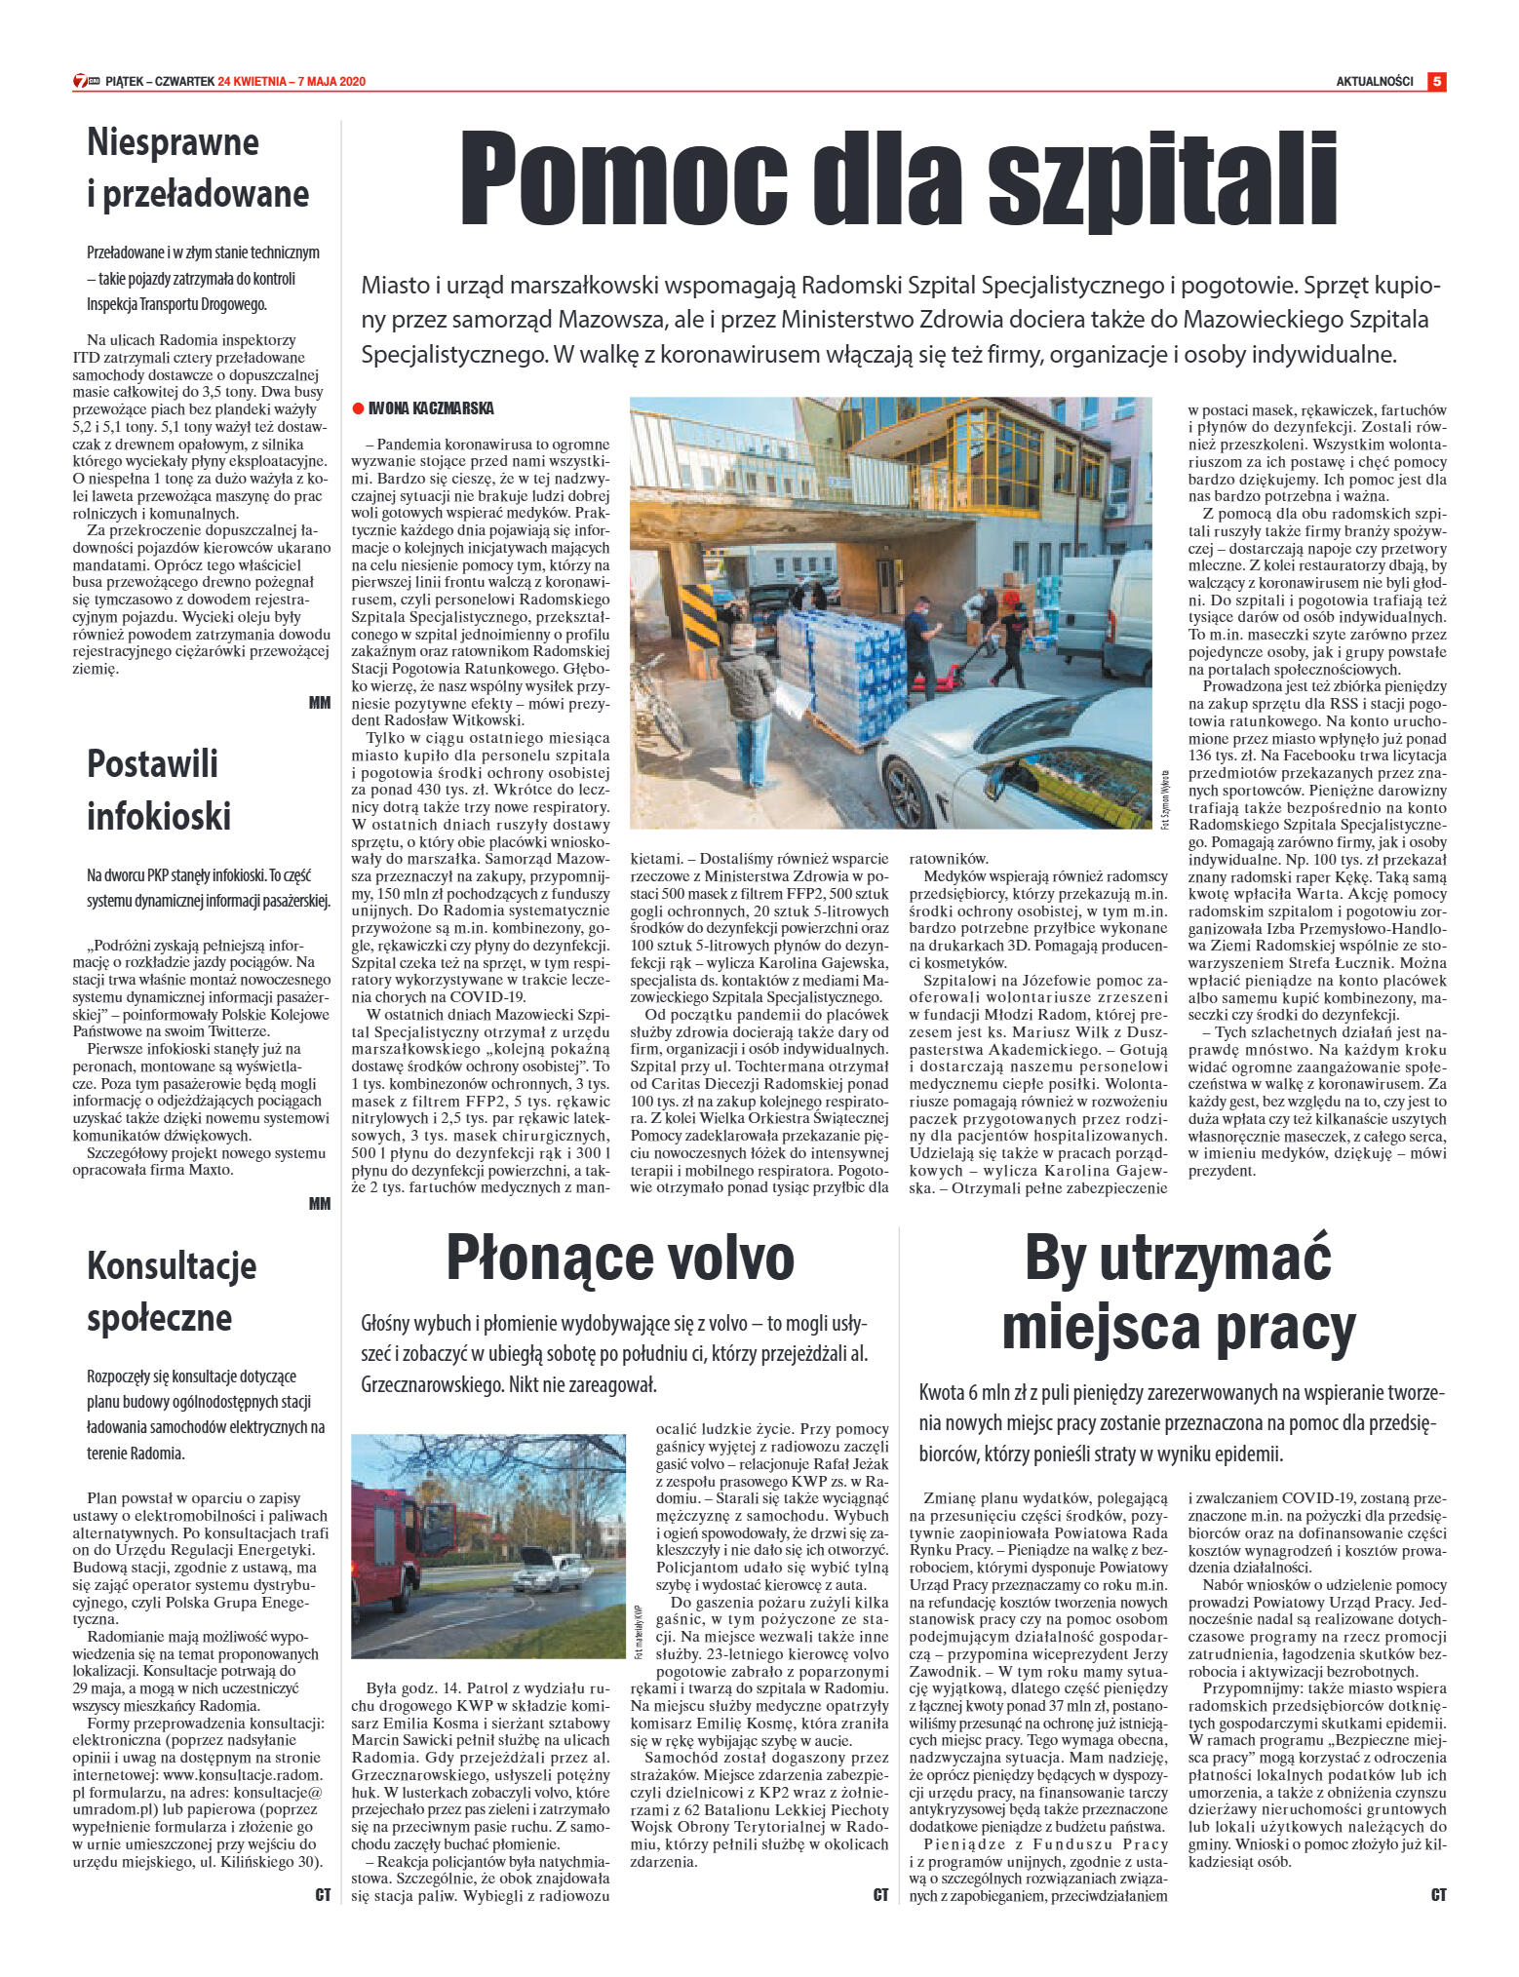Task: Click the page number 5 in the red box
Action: pyautogui.click(x=1435, y=82)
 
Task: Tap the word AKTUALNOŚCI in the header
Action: pyautogui.click(x=1374, y=82)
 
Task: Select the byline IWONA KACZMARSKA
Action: pyautogui.click(x=431, y=408)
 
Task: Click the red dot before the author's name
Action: pyautogui.click(x=358, y=408)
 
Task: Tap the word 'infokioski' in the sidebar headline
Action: pyautogui.click(x=159, y=816)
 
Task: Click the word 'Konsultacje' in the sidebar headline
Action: pyautogui.click(x=172, y=1265)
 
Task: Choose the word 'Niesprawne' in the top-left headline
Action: pyautogui.click(x=173, y=142)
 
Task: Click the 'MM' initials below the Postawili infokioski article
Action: pyautogui.click(x=319, y=1204)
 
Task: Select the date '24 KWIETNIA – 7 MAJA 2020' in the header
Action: pyautogui.click(x=292, y=82)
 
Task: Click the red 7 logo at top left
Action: pyautogui.click(x=80, y=82)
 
